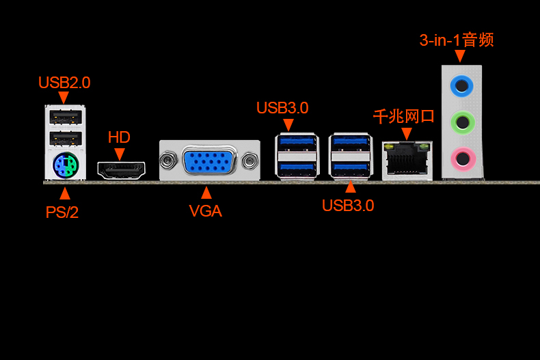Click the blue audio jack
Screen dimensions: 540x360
point(461,85)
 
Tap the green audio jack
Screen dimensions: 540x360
point(462,122)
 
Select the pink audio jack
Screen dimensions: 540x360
point(463,159)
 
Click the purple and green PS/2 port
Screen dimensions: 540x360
point(66,165)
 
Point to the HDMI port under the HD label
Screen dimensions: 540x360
point(121,170)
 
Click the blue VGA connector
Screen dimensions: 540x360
point(209,161)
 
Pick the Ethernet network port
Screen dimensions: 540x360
point(407,161)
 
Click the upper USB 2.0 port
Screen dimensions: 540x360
point(66,117)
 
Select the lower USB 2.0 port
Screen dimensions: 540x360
point(66,139)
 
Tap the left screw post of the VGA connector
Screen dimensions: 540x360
point(168,160)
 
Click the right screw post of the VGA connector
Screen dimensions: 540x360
point(250,161)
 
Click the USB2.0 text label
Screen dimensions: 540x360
point(64,83)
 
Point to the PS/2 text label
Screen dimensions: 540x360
point(62,212)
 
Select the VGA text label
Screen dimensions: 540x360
point(206,211)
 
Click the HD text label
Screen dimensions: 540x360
point(119,137)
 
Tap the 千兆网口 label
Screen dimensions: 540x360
point(404,117)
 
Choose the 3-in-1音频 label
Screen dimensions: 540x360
point(457,40)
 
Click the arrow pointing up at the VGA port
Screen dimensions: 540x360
point(206,193)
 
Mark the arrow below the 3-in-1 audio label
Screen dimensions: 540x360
point(460,56)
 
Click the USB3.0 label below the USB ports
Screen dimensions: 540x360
point(348,206)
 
